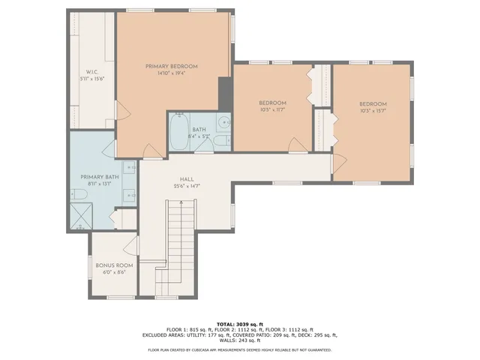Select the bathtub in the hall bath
178,132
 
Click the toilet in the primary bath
79,196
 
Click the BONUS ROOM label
114,265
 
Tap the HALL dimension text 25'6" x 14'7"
186,186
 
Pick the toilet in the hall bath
221,141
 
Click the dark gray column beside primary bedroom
223,93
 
